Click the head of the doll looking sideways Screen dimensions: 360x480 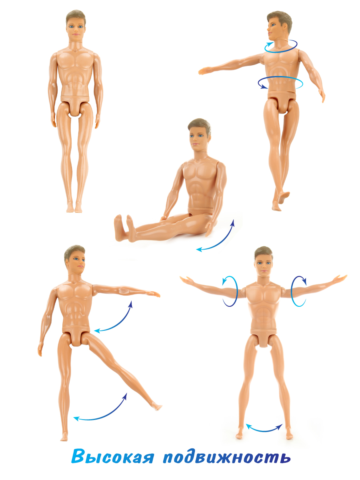[x=279, y=26]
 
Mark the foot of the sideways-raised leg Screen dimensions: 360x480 [x=156, y=407]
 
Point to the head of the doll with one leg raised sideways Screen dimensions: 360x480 [x=75, y=260]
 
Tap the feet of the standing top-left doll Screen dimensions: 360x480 [x=74, y=207]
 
